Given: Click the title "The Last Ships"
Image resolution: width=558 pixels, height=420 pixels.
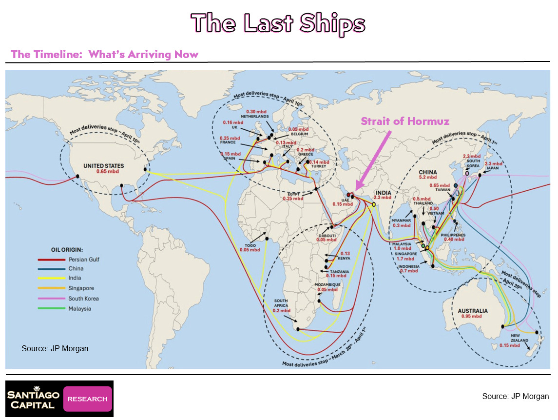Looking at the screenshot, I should (278, 23).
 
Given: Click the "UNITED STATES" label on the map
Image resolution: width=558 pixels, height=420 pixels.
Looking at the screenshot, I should (103, 166).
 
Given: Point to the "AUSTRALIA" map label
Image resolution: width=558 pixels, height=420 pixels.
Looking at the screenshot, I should (473, 310).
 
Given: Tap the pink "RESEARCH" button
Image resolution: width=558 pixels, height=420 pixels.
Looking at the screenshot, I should (88, 399).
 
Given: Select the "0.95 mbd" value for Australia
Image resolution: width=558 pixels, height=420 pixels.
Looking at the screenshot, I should (473, 316).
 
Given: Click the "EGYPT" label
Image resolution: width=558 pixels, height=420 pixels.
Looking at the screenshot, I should (293, 194).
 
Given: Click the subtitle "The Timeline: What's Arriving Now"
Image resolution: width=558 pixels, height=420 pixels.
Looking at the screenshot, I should (105, 54).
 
